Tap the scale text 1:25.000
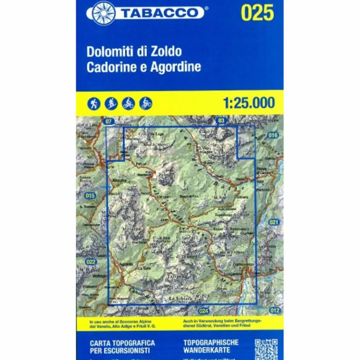(248, 103)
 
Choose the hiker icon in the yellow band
(94, 103)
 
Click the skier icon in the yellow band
(111, 103)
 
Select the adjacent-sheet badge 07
(108, 122)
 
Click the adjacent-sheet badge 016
(273, 135)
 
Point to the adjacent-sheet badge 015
(90, 196)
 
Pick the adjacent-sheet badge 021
(274, 222)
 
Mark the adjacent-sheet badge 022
(91, 262)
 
